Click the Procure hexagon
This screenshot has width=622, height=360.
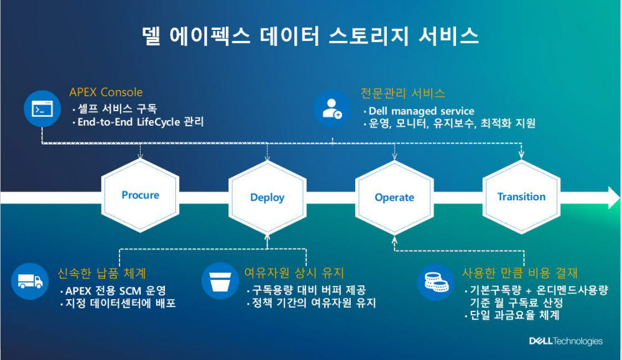140,195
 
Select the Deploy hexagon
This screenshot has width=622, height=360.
267,197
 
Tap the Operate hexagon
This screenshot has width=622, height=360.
394,197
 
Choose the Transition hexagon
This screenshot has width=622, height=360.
521,196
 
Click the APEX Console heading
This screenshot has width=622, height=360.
106,93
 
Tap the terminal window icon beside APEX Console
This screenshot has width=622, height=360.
41,109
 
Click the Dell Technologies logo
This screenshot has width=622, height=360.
565,341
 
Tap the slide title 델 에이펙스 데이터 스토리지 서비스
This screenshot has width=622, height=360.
310,36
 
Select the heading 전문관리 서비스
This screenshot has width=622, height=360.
403,93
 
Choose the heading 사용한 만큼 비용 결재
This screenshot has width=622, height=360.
520,273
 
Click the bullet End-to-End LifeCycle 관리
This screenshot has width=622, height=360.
140,122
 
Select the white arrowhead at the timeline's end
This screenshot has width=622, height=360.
611,198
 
